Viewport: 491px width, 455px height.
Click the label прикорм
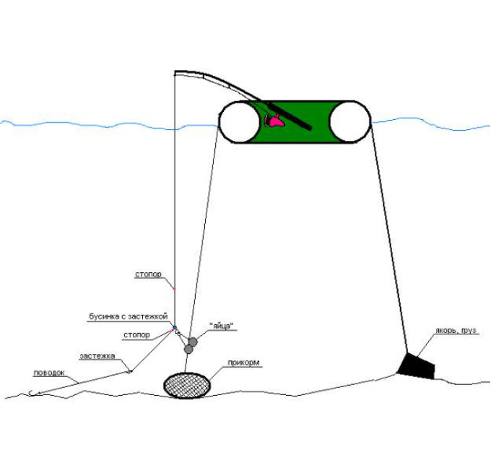click(243, 363)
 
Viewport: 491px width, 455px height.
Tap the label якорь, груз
click(456, 330)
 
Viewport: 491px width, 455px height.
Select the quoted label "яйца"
click(222, 326)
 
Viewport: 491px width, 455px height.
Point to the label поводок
click(49, 373)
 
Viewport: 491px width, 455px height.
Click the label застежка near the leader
click(97, 356)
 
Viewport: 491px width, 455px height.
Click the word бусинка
click(104, 316)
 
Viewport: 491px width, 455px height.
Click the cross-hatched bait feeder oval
click(187, 385)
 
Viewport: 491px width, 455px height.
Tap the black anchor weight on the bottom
click(417, 365)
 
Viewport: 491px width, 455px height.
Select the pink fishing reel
click(274, 121)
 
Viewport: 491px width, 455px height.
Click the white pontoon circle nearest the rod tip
click(240, 122)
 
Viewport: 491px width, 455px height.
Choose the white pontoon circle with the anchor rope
click(350, 122)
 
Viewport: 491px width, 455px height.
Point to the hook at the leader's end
click(30, 393)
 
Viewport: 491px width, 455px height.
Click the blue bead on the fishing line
click(175, 327)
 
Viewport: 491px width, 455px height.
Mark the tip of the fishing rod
click(175, 72)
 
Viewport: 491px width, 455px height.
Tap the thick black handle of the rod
click(289, 116)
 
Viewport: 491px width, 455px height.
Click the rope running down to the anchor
click(389, 238)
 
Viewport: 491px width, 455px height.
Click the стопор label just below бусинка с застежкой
click(136, 335)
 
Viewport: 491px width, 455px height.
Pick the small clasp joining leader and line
click(130, 370)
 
